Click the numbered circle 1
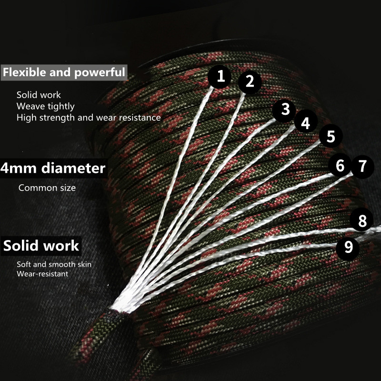(221, 76)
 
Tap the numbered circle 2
(250, 81)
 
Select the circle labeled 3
(285, 109)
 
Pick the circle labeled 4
(305, 123)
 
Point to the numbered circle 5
(331, 137)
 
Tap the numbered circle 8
(362, 221)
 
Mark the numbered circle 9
(348, 247)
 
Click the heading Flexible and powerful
(64, 73)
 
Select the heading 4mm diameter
(53, 168)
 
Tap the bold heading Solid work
(41, 246)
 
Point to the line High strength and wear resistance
(89, 117)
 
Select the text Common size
(47, 188)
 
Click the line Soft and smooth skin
(54, 264)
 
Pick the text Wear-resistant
(42, 274)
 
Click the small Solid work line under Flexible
(39, 95)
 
